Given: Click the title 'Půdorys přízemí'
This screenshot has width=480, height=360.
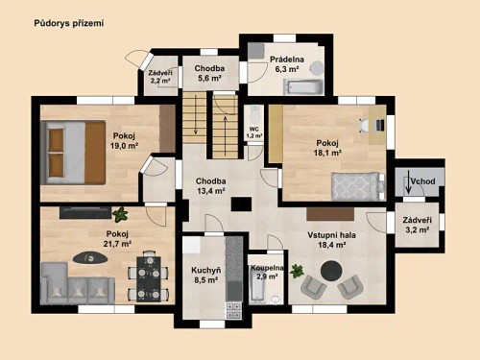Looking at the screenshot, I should coord(68,21).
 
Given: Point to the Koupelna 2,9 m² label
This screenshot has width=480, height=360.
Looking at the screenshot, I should coord(267,272).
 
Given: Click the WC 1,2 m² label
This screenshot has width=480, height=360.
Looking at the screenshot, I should coord(254,132).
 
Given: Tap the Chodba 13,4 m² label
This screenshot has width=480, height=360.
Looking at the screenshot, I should coord(210,185).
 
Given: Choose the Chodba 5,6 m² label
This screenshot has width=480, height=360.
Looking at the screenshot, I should coord(210,74).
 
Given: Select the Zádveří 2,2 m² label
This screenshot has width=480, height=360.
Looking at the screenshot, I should coord(160,77).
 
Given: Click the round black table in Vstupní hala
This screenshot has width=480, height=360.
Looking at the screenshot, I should coord(326,273).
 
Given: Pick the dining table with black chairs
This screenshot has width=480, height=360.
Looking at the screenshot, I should coord(147,276).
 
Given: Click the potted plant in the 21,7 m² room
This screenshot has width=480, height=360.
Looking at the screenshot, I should coord(120,213).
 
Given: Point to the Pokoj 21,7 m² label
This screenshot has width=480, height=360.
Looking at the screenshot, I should coord(117,238).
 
